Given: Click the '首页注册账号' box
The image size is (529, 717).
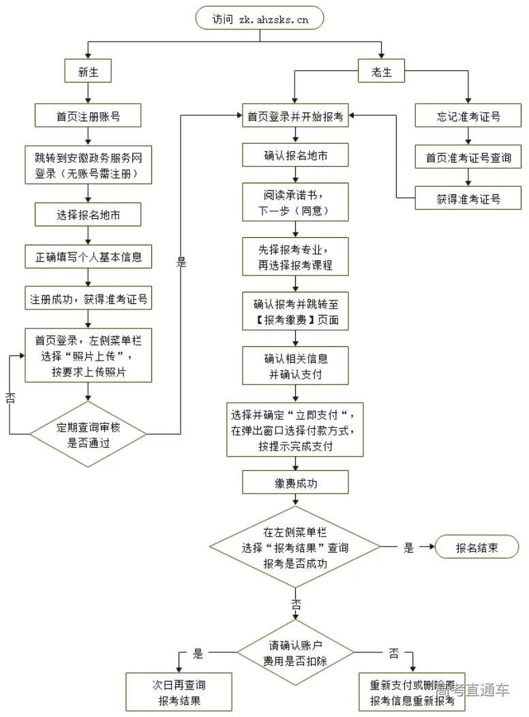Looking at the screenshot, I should [x=88, y=117].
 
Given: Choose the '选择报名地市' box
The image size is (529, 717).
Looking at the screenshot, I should [x=88, y=215].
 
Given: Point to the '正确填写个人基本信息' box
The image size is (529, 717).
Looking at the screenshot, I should [x=88, y=258].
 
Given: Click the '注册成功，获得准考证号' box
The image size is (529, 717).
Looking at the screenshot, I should [x=88, y=298].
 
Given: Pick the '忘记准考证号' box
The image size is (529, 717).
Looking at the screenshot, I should [x=468, y=117].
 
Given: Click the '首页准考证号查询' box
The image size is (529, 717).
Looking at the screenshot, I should [x=468, y=158].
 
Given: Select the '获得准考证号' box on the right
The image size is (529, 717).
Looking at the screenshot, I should [x=468, y=199].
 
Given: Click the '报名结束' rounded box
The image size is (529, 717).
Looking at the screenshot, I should [x=477, y=547].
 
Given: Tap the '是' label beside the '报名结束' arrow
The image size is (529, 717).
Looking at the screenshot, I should [x=408, y=547].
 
